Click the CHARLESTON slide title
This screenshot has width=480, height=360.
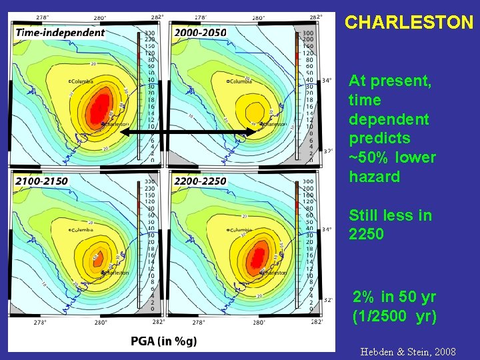click(x=409, y=22)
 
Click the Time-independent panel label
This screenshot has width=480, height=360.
click(x=60, y=32)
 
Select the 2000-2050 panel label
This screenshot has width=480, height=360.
click(x=200, y=32)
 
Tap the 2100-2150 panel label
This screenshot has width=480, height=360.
click(x=41, y=181)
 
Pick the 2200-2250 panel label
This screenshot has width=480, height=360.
click(x=200, y=181)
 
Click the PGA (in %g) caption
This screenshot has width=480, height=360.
click(x=164, y=341)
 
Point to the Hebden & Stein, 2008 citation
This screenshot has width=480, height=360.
click(x=408, y=351)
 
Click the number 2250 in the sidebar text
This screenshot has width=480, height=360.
click(x=366, y=234)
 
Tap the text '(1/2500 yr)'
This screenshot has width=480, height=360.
click(x=394, y=317)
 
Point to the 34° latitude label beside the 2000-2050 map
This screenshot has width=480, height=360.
click(x=327, y=81)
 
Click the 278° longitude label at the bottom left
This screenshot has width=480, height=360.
click(x=40, y=323)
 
